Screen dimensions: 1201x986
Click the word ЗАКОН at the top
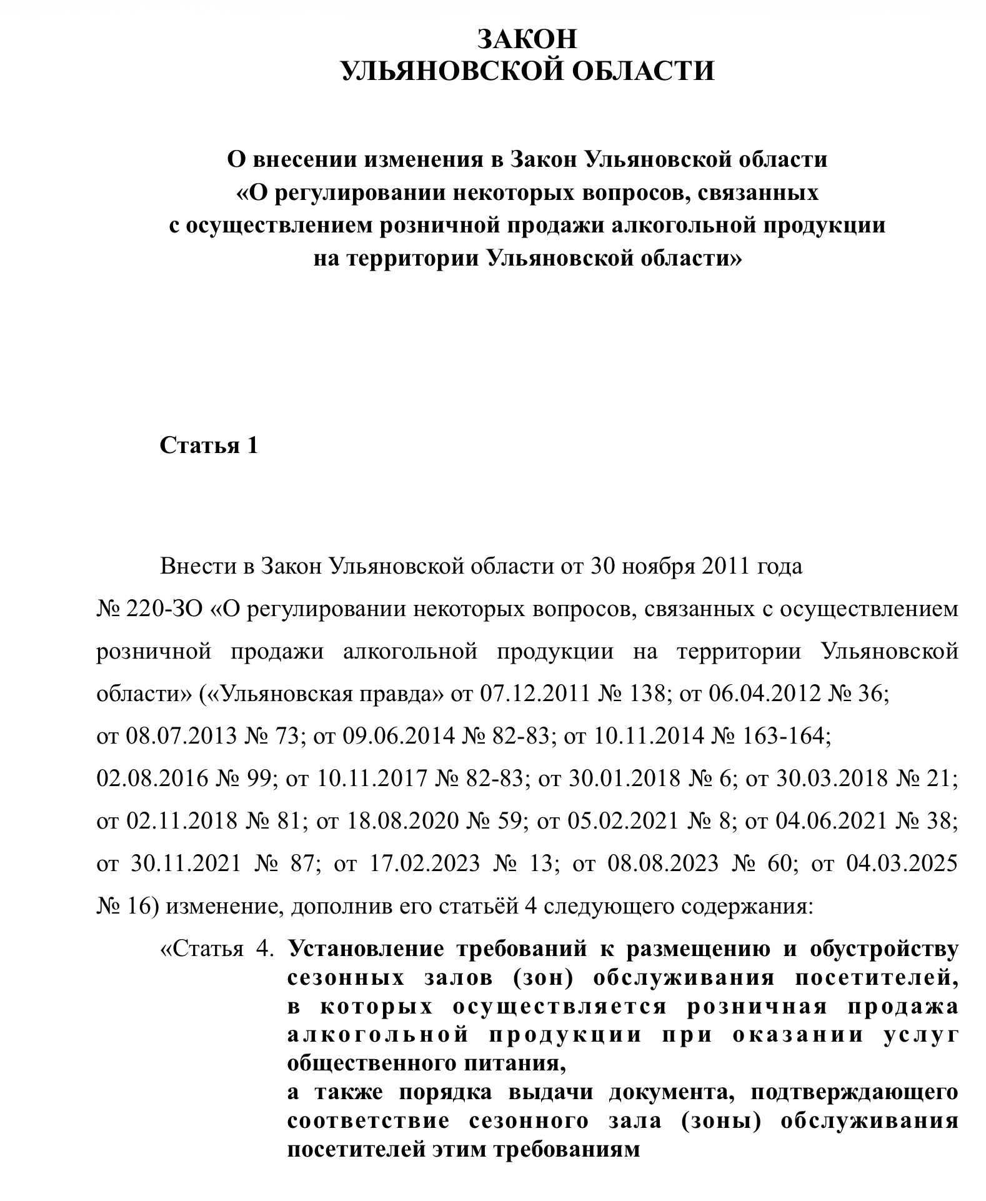(x=527, y=39)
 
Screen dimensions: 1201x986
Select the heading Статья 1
(x=209, y=446)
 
